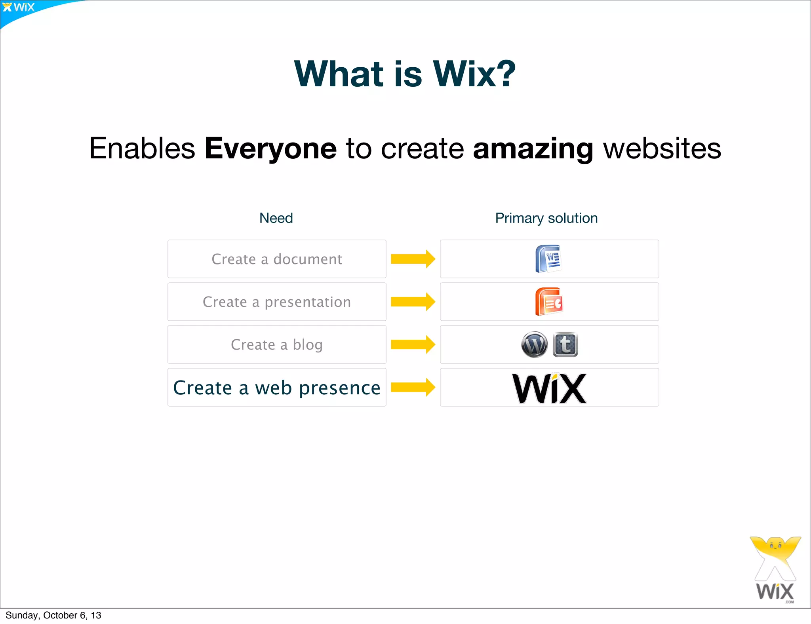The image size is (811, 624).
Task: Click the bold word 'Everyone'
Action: pyautogui.click(x=270, y=148)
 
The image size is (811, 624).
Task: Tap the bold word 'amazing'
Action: pyautogui.click(x=533, y=148)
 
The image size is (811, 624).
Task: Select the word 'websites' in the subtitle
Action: pyautogui.click(x=662, y=148)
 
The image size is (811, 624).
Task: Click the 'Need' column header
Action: pyautogui.click(x=276, y=218)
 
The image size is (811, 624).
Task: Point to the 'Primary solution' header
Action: pyautogui.click(x=546, y=218)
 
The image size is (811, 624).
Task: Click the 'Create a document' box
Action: pyautogui.click(x=277, y=259)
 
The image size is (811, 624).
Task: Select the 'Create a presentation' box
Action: pyautogui.click(x=277, y=302)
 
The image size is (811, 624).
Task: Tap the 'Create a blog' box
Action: pyautogui.click(x=277, y=344)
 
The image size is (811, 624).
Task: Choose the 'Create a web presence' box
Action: pyautogui.click(x=277, y=387)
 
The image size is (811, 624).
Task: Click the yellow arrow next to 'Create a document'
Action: pyautogui.click(x=413, y=259)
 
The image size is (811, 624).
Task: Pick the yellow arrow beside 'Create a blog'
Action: pyautogui.click(x=413, y=344)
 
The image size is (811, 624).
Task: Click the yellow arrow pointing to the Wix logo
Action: pyautogui.click(x=413, y=387)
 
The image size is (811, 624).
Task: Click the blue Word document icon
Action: pyautogui.click(x=548, y=259)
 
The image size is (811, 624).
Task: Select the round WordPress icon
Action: pyautogui.click(x=534, y=344)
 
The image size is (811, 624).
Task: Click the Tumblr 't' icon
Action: pyautogui.click(x=565, y=344)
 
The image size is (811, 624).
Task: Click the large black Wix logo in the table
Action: pyautogui.click(x=549, y=388)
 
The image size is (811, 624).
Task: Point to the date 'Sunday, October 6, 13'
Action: pyautogui.click(x=53, y=615)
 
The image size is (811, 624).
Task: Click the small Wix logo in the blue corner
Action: pyautogui.click(x=19, y=8)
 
